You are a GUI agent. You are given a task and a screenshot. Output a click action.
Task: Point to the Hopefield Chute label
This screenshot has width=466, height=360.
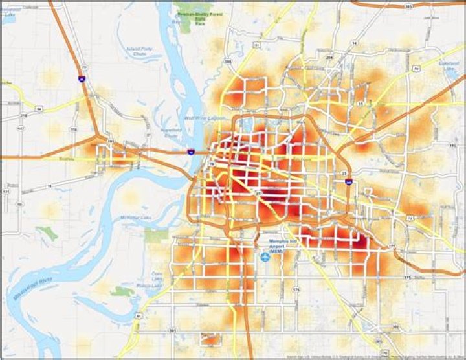(x=172, y=134)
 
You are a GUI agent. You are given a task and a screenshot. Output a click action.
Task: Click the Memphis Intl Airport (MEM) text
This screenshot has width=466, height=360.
(x=282, y=248)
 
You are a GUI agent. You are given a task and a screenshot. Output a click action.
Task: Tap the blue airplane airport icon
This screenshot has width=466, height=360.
(x=265, y=257)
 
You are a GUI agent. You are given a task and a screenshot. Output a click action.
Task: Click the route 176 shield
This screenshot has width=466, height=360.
(x=296, y=289)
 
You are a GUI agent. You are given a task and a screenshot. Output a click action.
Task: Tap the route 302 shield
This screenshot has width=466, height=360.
(x=395, y=327)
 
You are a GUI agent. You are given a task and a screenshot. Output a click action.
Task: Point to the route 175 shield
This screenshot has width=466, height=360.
(x=406, y=277)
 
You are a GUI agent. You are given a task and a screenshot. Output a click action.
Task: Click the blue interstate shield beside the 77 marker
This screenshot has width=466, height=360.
(x=81, y=78)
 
